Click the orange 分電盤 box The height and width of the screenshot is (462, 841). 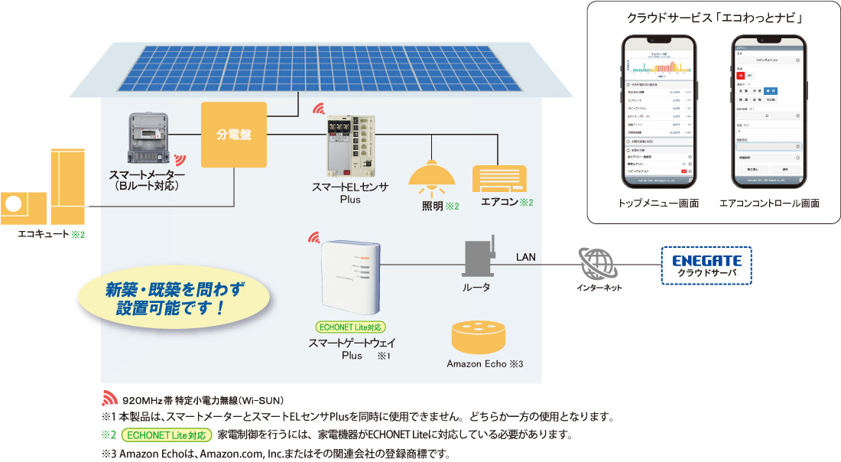(x=234, y=135)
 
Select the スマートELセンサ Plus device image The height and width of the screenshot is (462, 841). (x=349, y=145)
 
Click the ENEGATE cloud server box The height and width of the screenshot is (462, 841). (x=706, y=265)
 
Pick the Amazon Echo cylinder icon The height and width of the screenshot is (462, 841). (x=479, y=337)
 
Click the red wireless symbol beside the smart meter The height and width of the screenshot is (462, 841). (x=180, y=160)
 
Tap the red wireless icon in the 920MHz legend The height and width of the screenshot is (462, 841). (x=109, y=399)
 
